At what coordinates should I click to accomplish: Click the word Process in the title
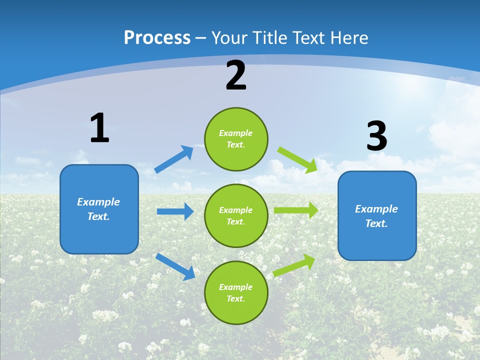(x=157, y=38)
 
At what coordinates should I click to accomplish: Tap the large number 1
(x=99, y=128)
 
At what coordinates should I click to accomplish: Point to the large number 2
(x=236, y=75)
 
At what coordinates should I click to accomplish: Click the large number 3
(x=376, y=136)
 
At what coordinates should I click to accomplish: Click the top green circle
(x=236, y=139)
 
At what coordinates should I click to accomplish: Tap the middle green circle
(x=236, y=215)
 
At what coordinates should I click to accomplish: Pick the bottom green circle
(x=236, y=292)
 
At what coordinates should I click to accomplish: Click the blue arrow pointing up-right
(x=174, y=159)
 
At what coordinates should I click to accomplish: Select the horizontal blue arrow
(x=175, y=211)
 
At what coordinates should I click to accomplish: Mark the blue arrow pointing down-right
(x=175, y=266)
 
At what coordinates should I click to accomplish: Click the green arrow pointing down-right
(x=297, y=159)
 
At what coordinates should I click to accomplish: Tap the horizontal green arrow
(x=296, y=210)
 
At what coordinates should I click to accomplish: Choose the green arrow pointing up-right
(x=294, y=265)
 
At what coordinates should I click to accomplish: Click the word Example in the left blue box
(x=98, y=202)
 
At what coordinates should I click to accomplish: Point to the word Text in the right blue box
(x=376, y=223)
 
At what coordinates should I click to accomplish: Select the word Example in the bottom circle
(x=235, y=287)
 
